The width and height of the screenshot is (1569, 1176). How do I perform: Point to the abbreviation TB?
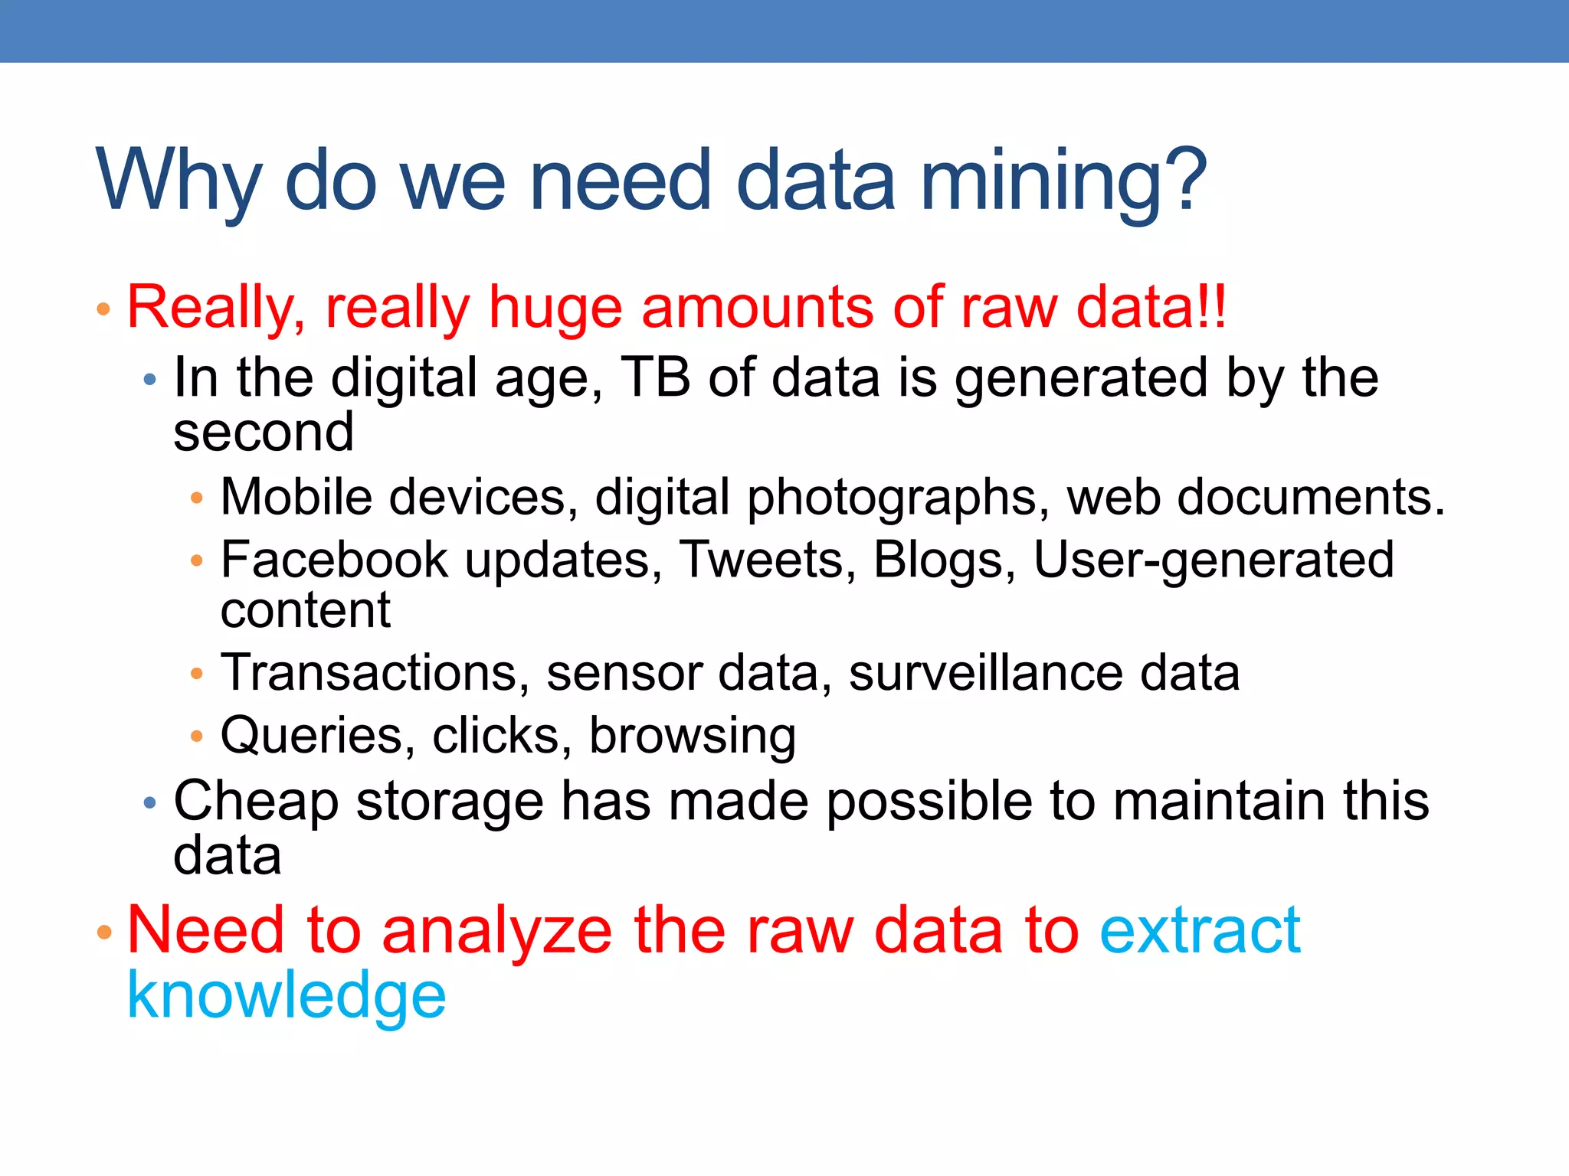click(x=655, y=377)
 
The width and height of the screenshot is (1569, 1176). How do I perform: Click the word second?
click(x=264, y=433)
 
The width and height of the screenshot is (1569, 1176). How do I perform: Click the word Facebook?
click(x=334, y=560)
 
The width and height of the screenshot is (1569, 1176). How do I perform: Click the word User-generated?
click(x=1214, y=561)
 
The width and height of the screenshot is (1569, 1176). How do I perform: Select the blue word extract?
click(x=1200, y=930)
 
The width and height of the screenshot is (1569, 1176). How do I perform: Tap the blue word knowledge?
click(x=286, y=997)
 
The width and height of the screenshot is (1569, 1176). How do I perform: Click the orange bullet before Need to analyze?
click(x=104, y=932)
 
